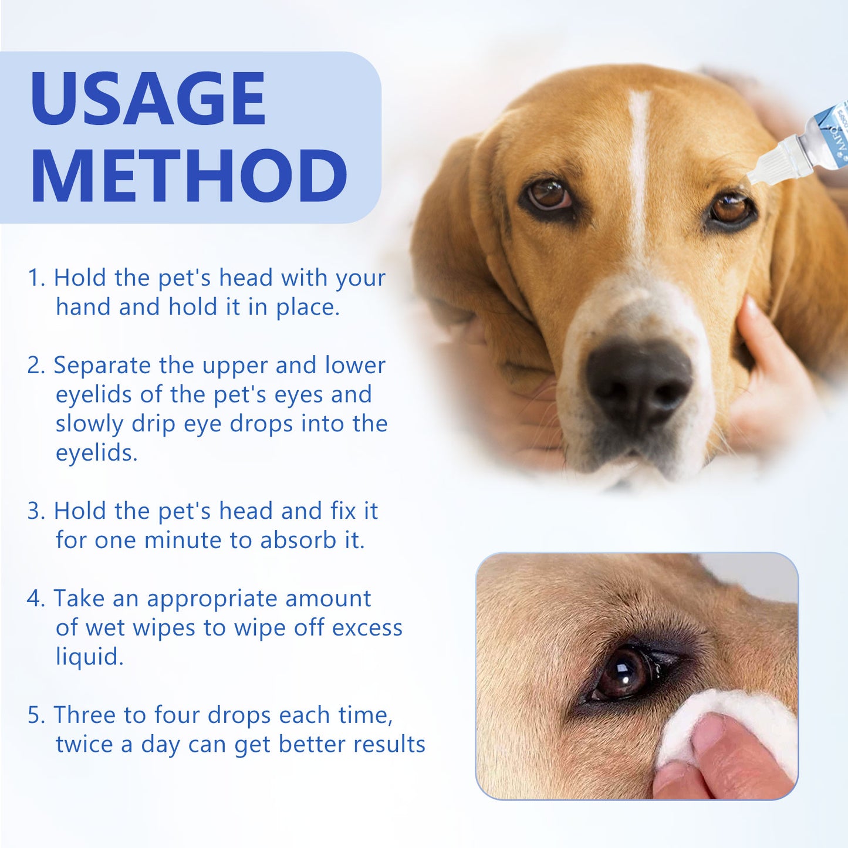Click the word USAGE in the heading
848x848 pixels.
148,99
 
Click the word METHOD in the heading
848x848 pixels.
189,177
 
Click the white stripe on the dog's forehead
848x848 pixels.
638,158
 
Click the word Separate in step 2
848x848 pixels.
102,366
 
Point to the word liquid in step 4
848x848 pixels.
89,657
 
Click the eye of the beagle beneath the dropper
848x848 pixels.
731,210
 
